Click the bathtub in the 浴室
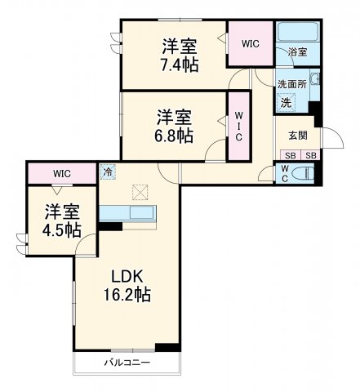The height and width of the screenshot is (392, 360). (298, 35)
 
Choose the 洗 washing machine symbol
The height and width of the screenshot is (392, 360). (286, 102)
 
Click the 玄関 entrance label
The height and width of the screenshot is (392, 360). (296, 136)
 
